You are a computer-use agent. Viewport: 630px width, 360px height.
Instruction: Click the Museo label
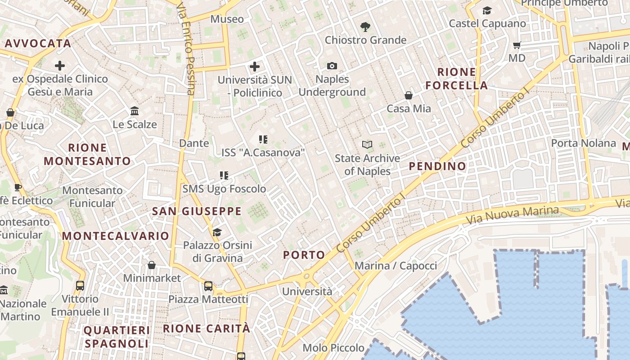click(227, 19)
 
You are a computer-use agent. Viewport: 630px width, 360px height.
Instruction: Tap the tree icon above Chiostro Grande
click(365, 27)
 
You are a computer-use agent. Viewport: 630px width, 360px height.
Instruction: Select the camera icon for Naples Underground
click(332, 66)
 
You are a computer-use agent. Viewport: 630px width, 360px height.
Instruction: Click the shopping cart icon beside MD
click(517, 45)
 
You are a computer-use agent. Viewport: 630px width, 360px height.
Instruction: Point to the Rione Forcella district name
click(457, 79)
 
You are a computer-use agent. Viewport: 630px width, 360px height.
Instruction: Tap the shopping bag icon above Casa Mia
click(409, 95)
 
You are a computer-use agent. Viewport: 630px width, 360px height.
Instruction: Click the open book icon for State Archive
click(367, 145)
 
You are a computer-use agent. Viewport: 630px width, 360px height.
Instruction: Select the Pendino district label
click(437, 166)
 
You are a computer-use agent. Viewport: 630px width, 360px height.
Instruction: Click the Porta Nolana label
click(584, 143)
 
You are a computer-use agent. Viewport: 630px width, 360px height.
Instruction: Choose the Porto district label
click(304, 255)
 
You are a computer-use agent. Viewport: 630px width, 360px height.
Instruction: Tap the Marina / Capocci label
click(396, 265)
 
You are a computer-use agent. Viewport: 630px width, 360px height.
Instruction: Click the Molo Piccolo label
click(333, 347)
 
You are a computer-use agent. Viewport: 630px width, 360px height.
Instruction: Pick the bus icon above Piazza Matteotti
click(208, 286)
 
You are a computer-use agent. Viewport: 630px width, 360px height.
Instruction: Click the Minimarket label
click(152, 278)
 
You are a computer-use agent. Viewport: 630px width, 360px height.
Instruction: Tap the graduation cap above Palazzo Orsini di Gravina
click(217, 232)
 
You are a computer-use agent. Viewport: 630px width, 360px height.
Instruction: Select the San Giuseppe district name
click(197, 211)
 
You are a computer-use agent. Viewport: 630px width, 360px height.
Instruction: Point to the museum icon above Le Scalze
click(135, 111)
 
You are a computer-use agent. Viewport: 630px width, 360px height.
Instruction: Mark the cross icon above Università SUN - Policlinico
click(255, 67)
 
